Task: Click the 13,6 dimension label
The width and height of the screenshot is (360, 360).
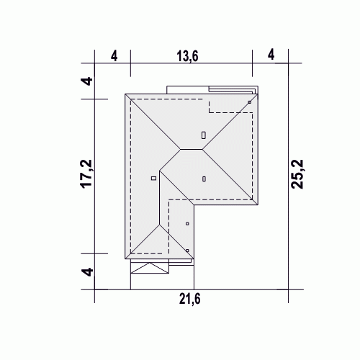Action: click(x=187, y=57)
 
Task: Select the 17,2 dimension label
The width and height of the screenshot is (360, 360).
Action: click(x=86, y=174)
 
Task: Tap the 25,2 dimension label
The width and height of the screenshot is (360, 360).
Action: click(x=297, y=174)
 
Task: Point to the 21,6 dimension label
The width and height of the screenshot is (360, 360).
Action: click(x=189, y=299)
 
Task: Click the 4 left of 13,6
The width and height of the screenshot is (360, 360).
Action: click(x=114, y=56)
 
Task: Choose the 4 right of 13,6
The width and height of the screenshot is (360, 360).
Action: click(x=271, y=55)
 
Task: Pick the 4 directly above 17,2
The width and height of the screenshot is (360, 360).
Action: click(x=87, y=81)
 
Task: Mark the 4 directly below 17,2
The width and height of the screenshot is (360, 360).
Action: click(x=87, y=272)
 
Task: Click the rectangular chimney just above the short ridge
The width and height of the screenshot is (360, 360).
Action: click(x=204, y=135)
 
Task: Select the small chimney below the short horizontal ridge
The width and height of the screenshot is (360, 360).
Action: click(x=204, y=179)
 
